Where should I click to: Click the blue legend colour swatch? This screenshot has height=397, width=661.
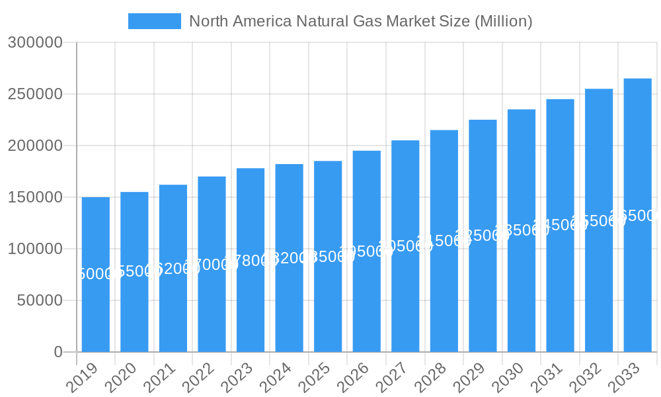154,21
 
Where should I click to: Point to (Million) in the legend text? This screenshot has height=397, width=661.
503,21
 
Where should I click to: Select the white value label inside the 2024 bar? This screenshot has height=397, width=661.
289,258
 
